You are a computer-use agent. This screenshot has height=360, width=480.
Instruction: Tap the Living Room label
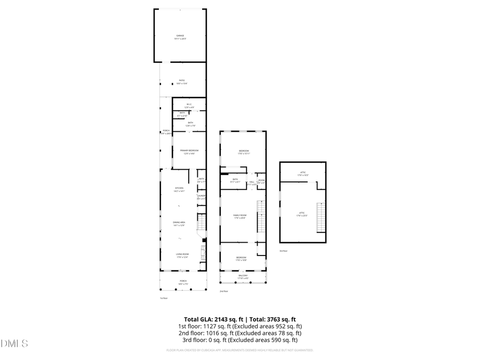(x=183, y=255)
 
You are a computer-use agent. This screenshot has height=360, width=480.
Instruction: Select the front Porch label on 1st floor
(x=183, y=282)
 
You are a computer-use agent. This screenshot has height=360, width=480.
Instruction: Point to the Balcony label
(x=243, y=276)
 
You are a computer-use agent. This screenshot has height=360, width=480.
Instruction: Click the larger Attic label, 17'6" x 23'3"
(x=302, y=214)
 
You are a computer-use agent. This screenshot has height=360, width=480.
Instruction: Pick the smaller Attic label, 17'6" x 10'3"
(x=302, y=173)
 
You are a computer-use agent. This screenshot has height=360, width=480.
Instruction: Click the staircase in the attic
(x=321, y=218)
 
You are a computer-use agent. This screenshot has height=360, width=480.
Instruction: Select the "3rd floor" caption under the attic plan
(x=283, y=251)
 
